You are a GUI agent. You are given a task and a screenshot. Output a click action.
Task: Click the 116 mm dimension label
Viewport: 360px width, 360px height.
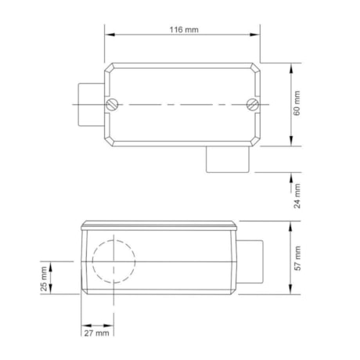tap(184, 29)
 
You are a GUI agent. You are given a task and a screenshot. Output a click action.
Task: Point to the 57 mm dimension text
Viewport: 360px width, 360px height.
tap(297, 257)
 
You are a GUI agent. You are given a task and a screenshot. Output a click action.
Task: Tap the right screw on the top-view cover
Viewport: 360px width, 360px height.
tap(251, 105)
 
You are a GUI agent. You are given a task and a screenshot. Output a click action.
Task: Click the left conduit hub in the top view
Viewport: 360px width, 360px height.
tap(89, 104)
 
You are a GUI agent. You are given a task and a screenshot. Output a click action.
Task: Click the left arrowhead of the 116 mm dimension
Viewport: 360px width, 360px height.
tap(109, 34)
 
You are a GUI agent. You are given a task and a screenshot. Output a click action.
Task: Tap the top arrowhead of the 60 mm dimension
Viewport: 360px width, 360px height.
tap(290, 67)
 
